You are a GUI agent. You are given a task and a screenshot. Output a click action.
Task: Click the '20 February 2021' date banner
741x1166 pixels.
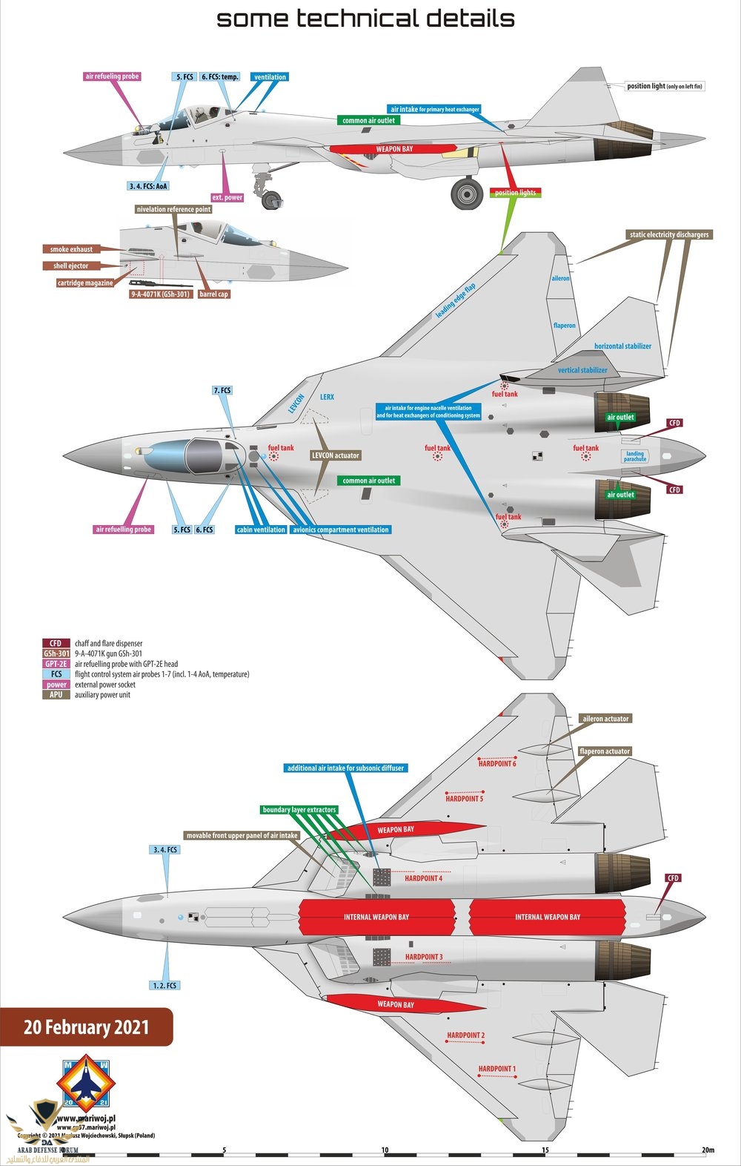(x=86, y=1027)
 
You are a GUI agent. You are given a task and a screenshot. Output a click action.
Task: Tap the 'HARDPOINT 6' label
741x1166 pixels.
(x=497, y=763)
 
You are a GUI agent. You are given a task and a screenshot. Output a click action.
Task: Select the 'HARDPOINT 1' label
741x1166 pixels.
(x=496, y=1069)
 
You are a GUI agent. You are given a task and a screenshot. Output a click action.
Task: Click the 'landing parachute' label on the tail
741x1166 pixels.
(x=635, y=456)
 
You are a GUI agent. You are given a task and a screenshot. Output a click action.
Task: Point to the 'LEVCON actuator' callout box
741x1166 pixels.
(x=336, y=455)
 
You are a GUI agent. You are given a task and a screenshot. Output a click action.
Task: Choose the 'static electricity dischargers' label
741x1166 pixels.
(x=669, y=234)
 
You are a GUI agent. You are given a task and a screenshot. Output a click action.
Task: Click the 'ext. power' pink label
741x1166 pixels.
(x=227, y=197)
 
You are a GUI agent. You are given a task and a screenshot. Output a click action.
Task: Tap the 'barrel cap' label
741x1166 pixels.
(x=214, y=294)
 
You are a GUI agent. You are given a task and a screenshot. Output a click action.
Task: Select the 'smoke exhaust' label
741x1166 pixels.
(x=71, y=249)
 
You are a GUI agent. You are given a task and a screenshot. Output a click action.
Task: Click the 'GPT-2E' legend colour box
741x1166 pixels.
(x=56, y=664)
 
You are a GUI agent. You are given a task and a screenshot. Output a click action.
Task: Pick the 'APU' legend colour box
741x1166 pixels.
(x=56, y=695)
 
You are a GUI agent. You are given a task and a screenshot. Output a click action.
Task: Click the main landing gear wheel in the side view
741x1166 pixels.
(x=467, y=194)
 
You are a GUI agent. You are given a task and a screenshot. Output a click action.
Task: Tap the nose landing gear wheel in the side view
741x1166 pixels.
(x=272, y=199)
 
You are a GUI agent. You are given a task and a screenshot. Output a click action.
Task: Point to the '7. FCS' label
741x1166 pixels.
(x=222, y=390)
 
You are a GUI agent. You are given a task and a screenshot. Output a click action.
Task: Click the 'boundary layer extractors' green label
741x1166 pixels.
(x=299, y=810)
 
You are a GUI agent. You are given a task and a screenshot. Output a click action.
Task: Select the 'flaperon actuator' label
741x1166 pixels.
(x=605, y=751)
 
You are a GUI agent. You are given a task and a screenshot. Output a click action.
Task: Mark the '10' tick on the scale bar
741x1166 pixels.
(x=385, y=1150)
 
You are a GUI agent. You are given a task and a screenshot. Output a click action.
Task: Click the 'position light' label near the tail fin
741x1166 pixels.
(x=665, y=86)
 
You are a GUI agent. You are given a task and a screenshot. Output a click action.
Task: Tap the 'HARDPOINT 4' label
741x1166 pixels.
(x=424, y=878)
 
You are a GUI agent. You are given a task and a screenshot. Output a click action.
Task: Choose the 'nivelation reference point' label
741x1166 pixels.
(x=174, y=209)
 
